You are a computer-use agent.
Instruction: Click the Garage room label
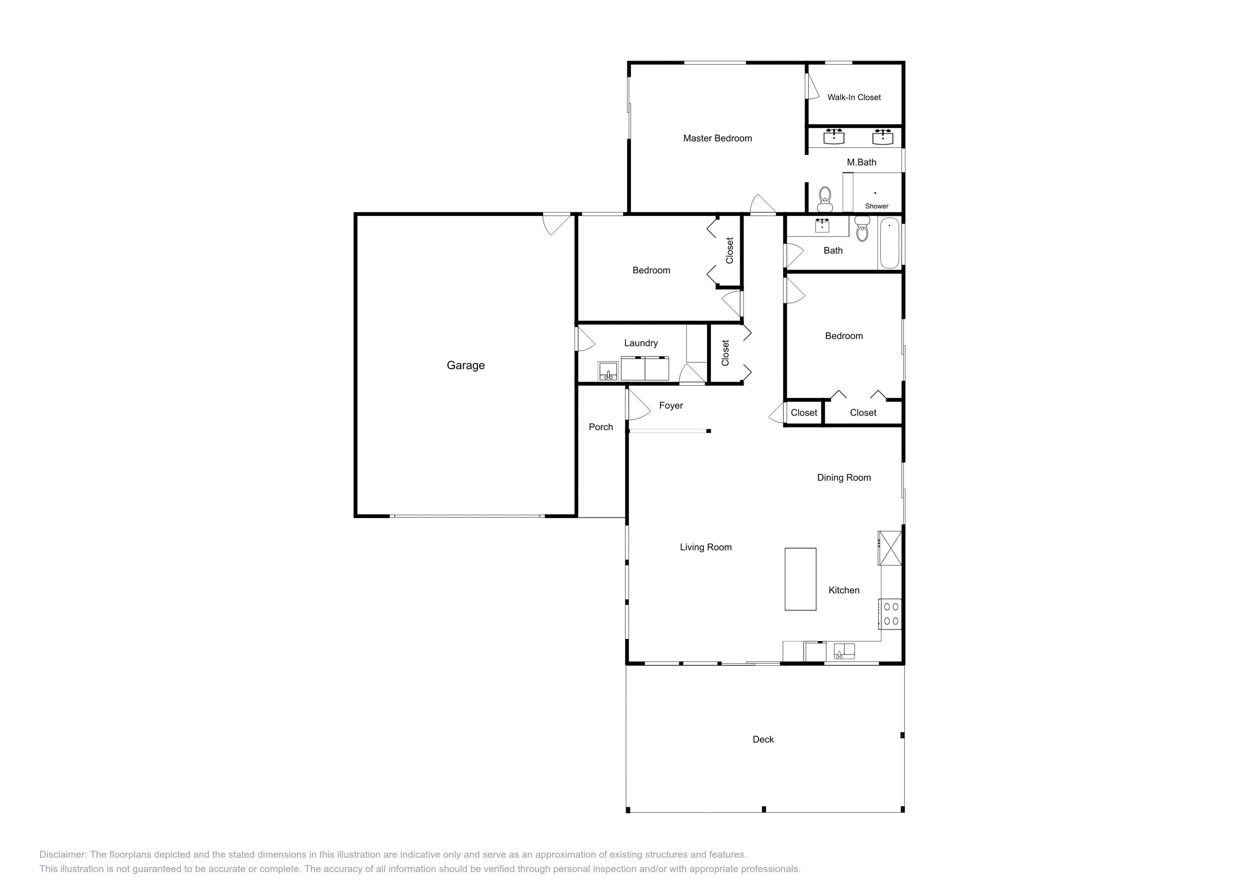pos(466,365)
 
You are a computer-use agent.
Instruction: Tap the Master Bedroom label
pos(717,138)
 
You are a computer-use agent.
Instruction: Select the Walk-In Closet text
pos(854,97)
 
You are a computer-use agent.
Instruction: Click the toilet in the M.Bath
pos(825,199)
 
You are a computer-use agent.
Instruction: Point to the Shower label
pos(876,206)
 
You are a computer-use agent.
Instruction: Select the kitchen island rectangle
pos(800,579)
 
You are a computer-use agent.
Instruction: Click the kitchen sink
pos(844,651)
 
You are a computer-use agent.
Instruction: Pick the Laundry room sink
pos(608,371)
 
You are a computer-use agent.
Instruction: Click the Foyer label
pos(670,405)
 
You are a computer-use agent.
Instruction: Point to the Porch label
pos(600,426)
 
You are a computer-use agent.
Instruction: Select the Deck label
pos(763,739)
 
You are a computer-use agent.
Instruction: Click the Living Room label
pos(705,547)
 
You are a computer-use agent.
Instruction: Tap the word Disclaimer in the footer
pos(63,854)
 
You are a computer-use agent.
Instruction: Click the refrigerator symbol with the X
pos(889,547)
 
